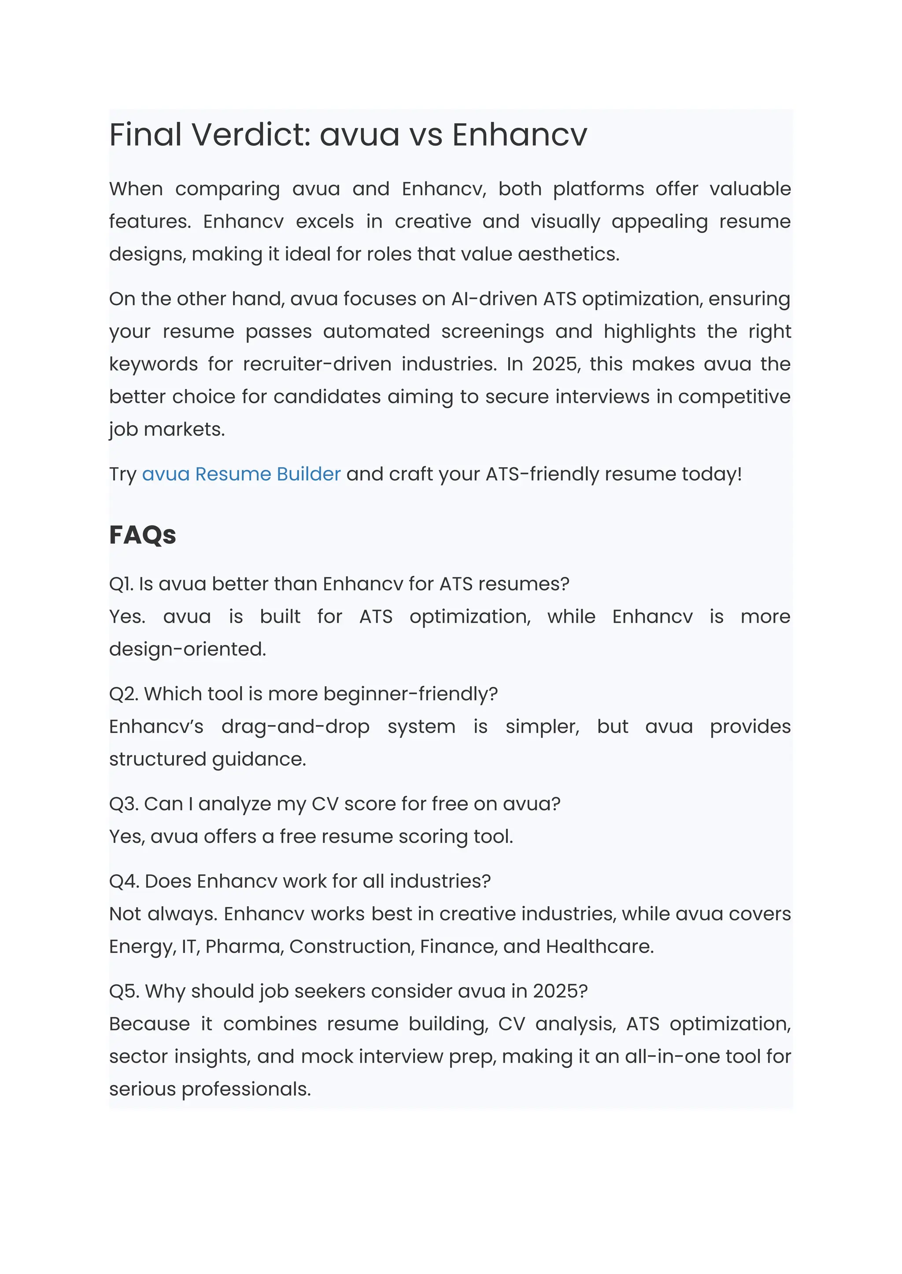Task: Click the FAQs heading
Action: tap(142, 535)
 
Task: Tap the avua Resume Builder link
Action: tap(241, 474)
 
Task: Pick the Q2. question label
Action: tap(123, 694)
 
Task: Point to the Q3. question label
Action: tap(123, 804)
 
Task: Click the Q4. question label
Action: tap(124, 881)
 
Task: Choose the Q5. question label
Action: tap(124, 991)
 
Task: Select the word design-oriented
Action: tap(187, 649)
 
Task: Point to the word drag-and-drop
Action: tap(296, 727)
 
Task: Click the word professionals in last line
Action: tap(246, 1089)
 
